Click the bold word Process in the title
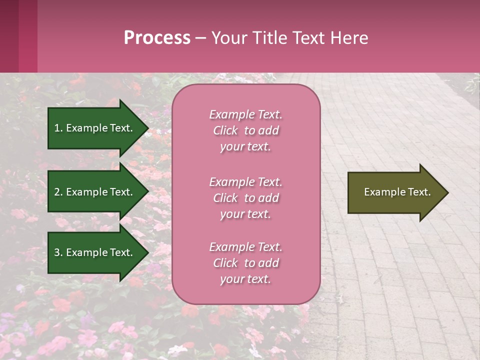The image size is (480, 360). tap(157, 38)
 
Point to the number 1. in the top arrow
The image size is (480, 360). tap(58, 128)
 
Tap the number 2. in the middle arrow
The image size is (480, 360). tap(58, 192)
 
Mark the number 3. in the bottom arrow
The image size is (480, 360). tap(58, 252)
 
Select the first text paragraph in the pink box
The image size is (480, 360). tap(245, 130)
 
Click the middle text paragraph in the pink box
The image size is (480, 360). tap(245, 198)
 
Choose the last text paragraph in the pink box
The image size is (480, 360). tap(245, 263)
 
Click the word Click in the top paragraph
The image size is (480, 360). tap(225, 130)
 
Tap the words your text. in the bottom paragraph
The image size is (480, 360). tap(245, 279)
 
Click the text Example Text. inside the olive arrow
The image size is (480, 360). tap(397, 192)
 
